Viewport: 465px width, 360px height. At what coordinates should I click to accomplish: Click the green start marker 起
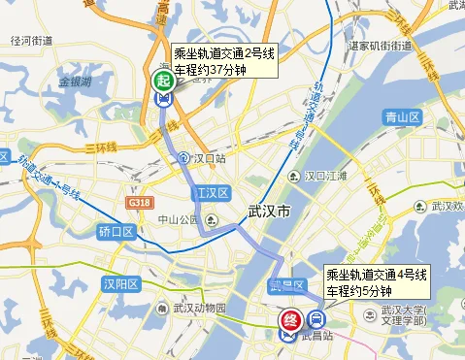point(164,82)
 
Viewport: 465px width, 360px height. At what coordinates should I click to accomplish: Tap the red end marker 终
point(289,319)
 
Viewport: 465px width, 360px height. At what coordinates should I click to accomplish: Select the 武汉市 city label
point(270,210)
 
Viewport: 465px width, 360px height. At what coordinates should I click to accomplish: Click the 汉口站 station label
point(208,157)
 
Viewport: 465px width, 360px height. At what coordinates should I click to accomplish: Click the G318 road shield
point(139,202)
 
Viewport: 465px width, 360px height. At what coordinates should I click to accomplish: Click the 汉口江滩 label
point(326,176)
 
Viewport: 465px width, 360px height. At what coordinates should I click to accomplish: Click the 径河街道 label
point(30,40)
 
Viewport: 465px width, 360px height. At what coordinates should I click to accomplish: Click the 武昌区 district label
point(288,284)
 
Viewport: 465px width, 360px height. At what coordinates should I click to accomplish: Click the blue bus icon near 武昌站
point(316,319)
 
